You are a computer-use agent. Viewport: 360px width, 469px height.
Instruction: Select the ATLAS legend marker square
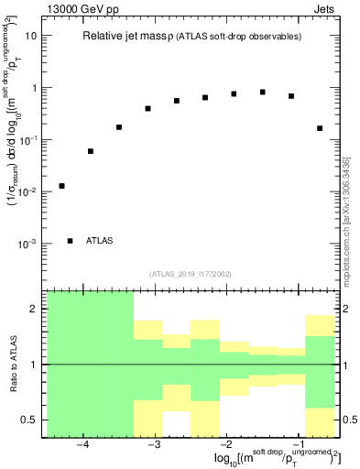point(70,241)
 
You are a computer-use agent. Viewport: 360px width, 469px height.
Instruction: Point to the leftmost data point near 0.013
point(61,186)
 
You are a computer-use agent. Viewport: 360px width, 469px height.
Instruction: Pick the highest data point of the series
point(262,93)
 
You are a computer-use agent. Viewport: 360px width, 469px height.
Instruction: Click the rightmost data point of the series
point(320,128)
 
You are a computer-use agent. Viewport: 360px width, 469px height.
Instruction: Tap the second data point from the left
point(91,151)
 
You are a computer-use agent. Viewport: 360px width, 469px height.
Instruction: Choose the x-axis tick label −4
point(82,445)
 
